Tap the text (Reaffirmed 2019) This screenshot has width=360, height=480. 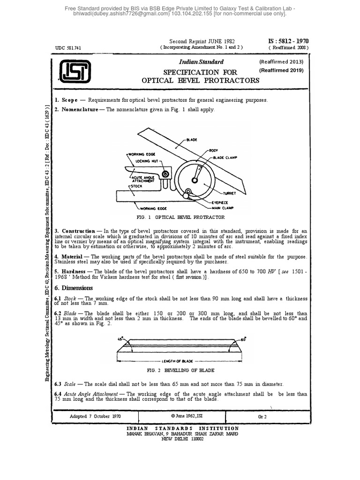pos(281,70)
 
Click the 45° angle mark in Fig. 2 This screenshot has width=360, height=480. pos(120,338)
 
